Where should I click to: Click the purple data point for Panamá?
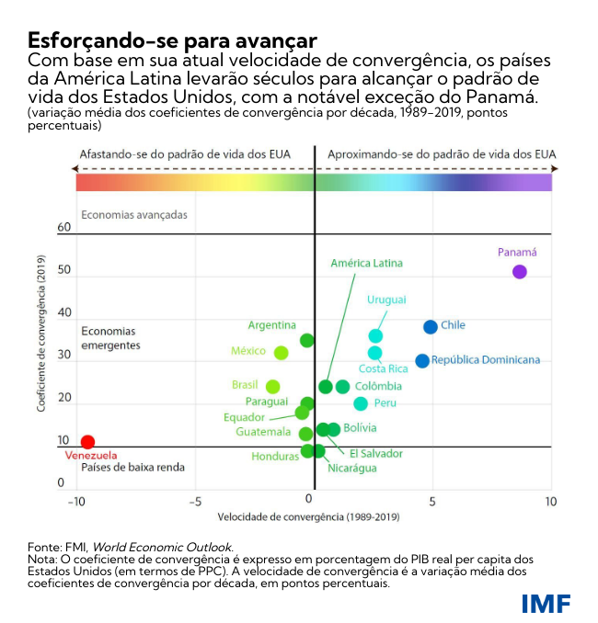tap(520, 272)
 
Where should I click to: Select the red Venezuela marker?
tap(87, 442)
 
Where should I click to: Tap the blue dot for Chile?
tap(430, 327)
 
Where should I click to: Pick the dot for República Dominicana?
tap(422, 361)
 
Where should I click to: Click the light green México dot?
tap(282, 353)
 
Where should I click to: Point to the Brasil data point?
tap(272, 387)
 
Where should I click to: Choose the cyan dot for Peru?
tap(361, 403)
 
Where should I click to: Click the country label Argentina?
tap(271, 325)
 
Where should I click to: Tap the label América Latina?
tap(366, 264)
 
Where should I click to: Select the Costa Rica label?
tap(383, 369)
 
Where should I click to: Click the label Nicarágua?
tap(352, 469)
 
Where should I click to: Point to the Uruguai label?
tap(387, 300)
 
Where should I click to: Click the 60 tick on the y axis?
tap(63, 227)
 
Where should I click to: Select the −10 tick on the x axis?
tap(77, 502)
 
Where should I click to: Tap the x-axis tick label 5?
tap(432, 502)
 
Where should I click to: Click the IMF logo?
tap(546, 604)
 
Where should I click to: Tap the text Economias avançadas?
tap(134, 215)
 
